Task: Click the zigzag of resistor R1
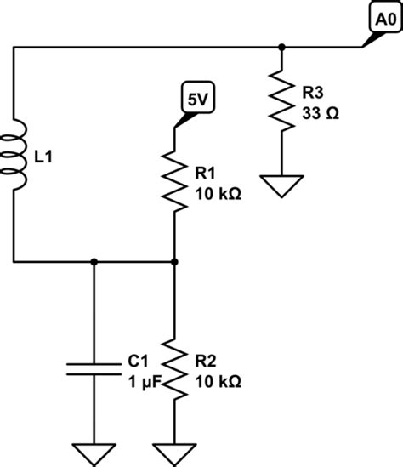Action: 174,180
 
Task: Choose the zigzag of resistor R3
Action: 281,101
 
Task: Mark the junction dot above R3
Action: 281,48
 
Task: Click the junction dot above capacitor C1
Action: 94,262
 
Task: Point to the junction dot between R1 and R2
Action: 174,262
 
